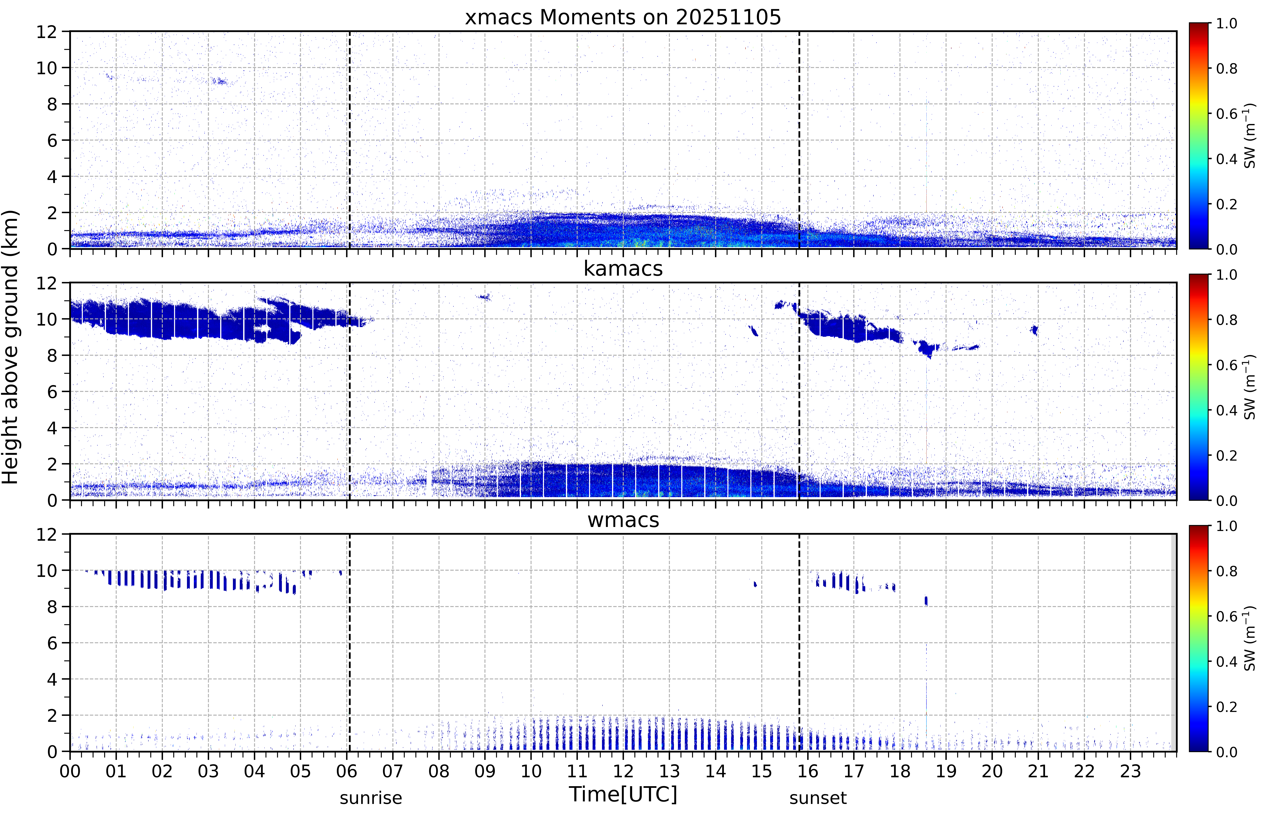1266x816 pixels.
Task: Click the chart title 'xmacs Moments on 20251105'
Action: click(x=623, y=17)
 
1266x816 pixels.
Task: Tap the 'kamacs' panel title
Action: click(x=623, y=269)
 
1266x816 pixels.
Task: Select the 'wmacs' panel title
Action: click(x=623, y=520)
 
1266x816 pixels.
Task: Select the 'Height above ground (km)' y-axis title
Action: click(x=11, y=347)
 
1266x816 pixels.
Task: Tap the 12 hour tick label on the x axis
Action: click(x=623, y=771)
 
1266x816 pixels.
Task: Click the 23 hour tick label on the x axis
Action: click(x=1130, y=771)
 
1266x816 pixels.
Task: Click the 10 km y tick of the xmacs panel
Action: click(x=46, y=68)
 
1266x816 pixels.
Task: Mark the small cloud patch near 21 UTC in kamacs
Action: click(x=1034, y=330)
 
